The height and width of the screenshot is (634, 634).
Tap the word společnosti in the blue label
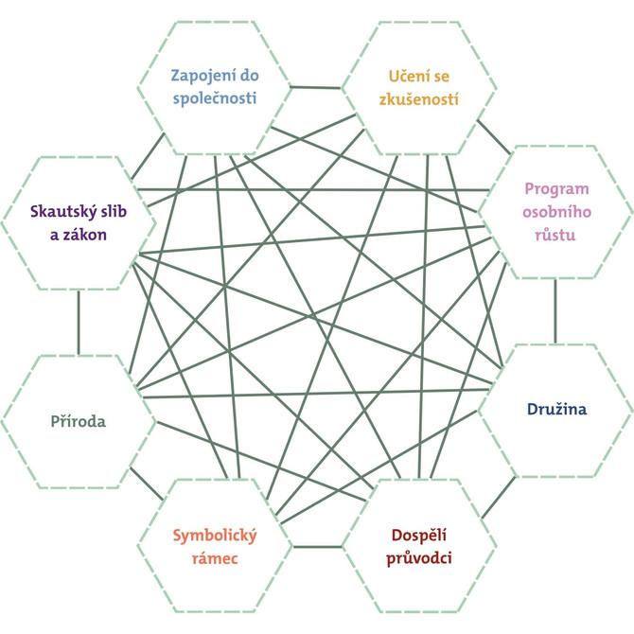point(214,97)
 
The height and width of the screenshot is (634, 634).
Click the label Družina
point(556,410)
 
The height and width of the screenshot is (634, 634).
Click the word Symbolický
point(215,535)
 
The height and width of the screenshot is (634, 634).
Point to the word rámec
point(214,558)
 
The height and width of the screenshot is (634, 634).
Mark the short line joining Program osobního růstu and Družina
point(555,309)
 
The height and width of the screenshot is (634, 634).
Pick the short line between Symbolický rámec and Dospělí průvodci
point(317,546)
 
